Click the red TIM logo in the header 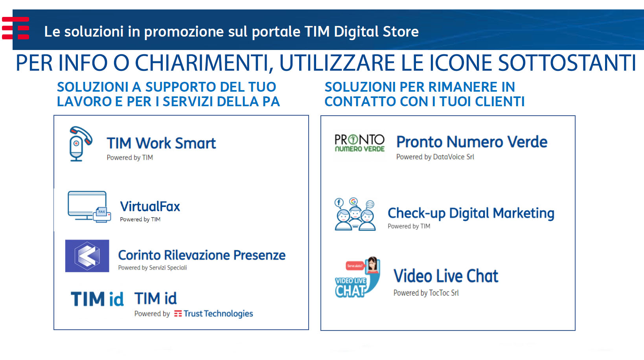(x=15, y=28)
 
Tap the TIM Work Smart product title (x=161, y=143)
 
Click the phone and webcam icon (x=81, y=144)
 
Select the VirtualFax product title (x=150, y=206)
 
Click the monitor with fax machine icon (x=89, y=207)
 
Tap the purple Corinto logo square (x=87, y=256)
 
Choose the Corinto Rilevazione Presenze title (x=202, y=255)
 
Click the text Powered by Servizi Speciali (x=153, y=268)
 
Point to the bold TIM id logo (x=97, y=299)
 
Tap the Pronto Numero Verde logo (x=359, y=143)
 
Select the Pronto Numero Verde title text (x=471, y=142)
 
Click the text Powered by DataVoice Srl (x=435, y=157)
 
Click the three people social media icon (x=355, y=214)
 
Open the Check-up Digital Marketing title (x=471, y=213)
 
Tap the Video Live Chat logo (x=358, y=277)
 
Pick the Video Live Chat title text (x=445, y=276)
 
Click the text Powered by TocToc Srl (x=426, y=293)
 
